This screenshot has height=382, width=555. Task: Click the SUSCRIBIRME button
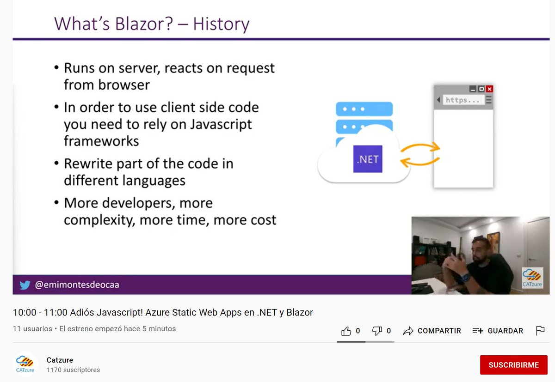(513, 365)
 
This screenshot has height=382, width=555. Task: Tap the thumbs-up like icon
(346, 331)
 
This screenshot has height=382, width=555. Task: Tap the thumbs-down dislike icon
(377, 331)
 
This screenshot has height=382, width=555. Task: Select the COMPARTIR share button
(432, 331)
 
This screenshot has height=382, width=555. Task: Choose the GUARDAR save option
(498, 331)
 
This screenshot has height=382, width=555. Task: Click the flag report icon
(540, 331)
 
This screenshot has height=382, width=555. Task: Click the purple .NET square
(368, 159)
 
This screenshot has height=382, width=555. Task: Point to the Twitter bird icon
(25, 285)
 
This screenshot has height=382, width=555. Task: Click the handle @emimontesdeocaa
(77, 285)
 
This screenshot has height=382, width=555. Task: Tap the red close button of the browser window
(489, 89)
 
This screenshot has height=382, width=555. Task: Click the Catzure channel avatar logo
(25, 364)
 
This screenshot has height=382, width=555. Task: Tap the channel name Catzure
(60, 360)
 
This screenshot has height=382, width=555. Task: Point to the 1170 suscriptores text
(73, 370)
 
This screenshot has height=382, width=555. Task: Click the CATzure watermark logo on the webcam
(532, 278)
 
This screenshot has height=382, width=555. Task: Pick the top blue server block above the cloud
(364, 109)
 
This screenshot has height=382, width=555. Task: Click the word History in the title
(221, 24)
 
